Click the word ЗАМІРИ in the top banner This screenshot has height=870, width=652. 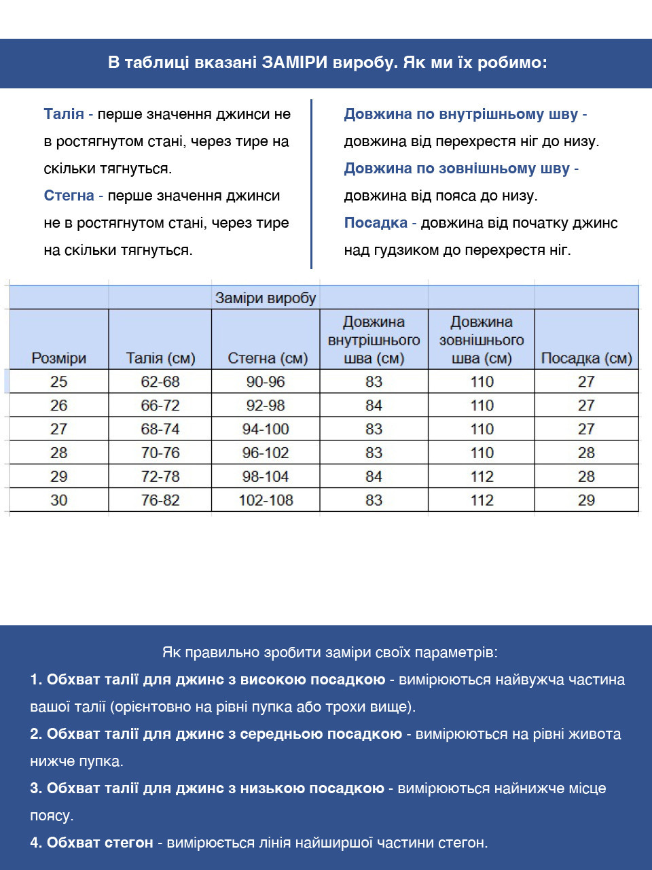295,63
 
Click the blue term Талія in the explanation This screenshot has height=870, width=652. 64,114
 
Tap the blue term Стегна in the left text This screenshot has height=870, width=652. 69,196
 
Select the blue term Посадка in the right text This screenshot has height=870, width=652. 376,223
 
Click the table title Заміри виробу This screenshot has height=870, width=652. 266,298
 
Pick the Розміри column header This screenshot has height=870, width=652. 59,358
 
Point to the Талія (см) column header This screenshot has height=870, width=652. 160,358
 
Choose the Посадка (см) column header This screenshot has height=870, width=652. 586,358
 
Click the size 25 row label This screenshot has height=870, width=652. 59,382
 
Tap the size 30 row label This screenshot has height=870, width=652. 59,500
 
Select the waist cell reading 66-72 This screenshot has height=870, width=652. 160,406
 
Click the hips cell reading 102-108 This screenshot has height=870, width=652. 266,500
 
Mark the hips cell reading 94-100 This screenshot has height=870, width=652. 266,430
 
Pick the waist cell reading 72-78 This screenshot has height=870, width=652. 160,476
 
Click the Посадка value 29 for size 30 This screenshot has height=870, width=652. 586,500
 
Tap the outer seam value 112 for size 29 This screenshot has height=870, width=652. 482,476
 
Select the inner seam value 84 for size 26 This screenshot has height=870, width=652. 374,406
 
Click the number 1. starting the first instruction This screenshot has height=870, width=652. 36,680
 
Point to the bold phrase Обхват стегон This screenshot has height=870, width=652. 100,843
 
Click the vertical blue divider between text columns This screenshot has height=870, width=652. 312,184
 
